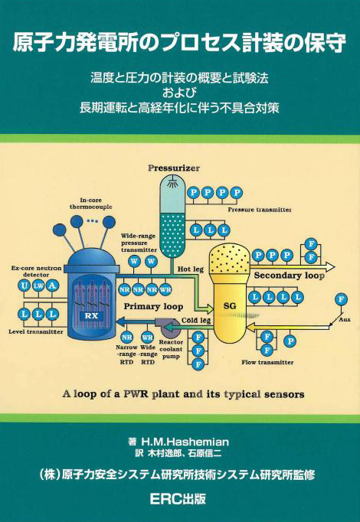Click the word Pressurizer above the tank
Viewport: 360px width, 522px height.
click(174, 168)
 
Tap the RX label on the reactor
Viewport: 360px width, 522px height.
click(91, 316)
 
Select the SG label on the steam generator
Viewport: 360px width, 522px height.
click(230, 305)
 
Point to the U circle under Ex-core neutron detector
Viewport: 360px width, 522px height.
click(25, 285)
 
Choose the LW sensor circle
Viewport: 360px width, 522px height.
click(38, 285)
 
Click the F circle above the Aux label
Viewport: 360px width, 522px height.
click(341, 299)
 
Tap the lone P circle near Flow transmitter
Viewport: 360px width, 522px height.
click(290, 341)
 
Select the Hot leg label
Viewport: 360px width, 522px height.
click(190, 269)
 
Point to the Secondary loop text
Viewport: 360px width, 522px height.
click(289, 276)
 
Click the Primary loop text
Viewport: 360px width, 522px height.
click(153, 306)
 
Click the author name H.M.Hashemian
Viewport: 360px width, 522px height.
click(185, 442)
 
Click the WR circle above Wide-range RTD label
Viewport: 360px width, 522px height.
click(147, 338)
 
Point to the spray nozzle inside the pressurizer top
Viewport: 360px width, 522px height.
click(172, 182)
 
